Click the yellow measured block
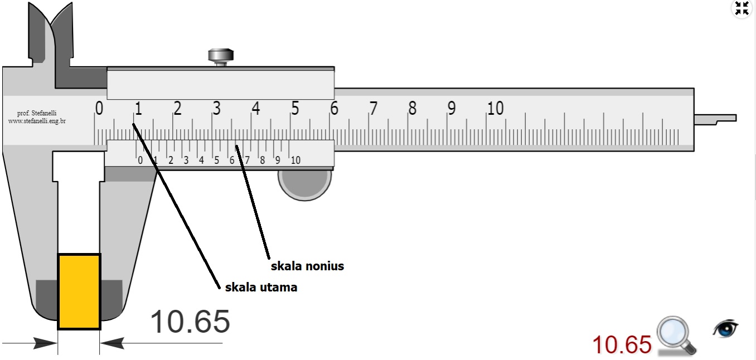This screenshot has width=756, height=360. coord(79,291)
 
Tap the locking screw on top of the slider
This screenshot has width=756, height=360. coord(221,56)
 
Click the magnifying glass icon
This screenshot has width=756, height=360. coord(675,334)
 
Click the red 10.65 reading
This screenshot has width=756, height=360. coord(621,344)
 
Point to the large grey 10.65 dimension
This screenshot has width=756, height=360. coord(190,322)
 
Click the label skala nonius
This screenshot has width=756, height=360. coord(307,266)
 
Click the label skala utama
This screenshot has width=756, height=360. coord(261,288)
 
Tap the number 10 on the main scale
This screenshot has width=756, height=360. coord(495,108)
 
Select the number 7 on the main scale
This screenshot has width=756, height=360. coord(373,108)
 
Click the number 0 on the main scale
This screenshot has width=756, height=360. coord(99,108)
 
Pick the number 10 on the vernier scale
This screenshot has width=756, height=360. coord(295,160)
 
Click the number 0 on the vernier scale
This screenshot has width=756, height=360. coord(140,160)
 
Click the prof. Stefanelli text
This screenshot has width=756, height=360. coord(37,113)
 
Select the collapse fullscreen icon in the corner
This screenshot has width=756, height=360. coord(742,8)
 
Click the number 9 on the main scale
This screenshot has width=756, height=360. coord(451,108)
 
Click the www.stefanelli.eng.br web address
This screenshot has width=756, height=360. coord(37,120)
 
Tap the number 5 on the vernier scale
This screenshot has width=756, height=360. coord(216,160)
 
